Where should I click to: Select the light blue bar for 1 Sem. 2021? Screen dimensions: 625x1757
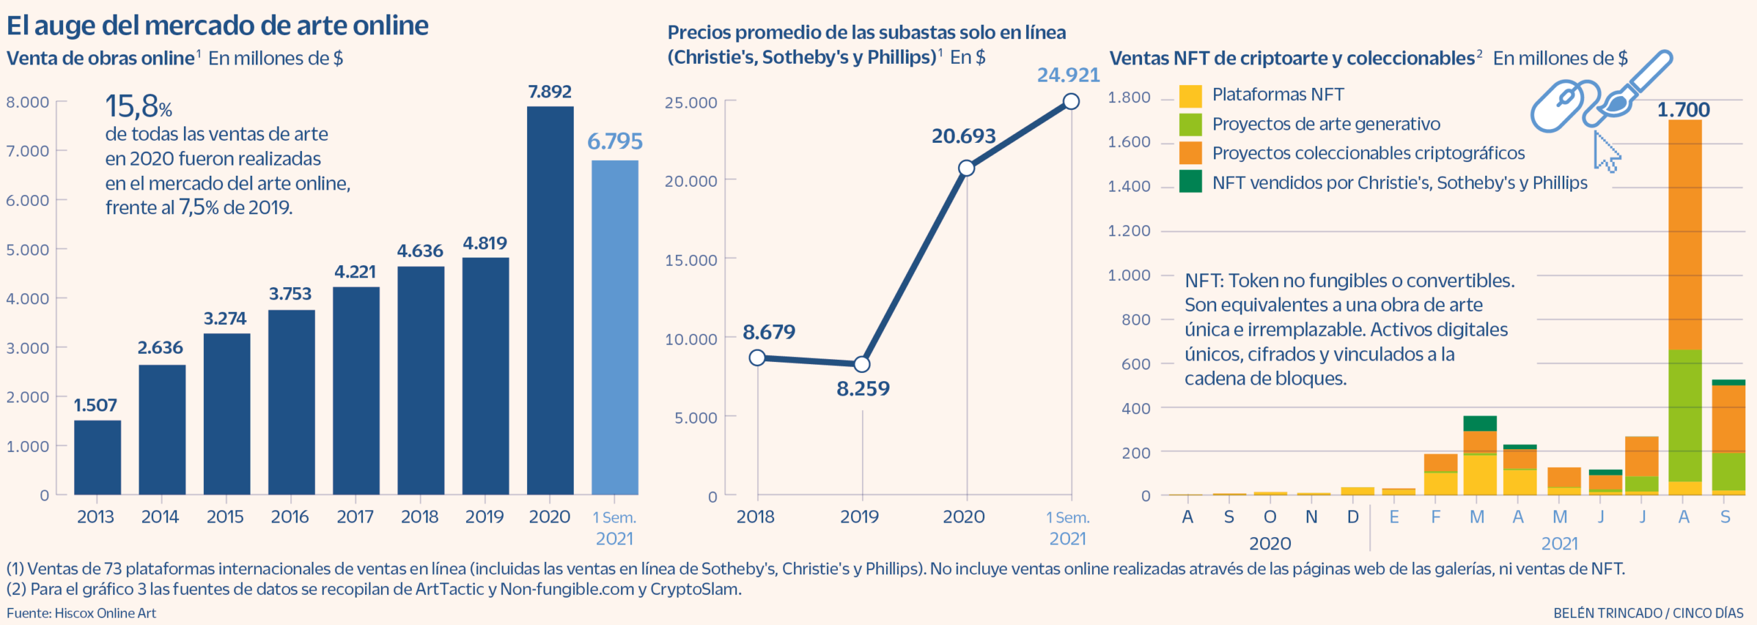coord(614,327)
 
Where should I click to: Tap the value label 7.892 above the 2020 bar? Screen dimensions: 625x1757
coord(550,91)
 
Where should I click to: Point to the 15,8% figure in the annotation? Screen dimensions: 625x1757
coord(138,106)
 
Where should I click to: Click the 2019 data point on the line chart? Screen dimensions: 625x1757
coord(862,364)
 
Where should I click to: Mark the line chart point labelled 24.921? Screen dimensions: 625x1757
coord(1071,102)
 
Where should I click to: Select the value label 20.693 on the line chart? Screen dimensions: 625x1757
coord(963,136)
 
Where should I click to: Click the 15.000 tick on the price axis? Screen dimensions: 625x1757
coord(690,260)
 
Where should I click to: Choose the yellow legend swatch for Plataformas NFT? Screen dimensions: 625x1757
coord(1190,95)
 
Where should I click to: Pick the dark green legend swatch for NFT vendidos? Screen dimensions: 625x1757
coord(1190,182)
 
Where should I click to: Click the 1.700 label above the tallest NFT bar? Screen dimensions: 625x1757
coord(1684,110)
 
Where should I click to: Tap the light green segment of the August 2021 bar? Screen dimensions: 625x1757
coord(1685,415)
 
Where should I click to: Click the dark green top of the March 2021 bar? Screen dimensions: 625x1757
coord(1480,423)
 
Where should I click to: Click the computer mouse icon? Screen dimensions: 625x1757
coord(1557,106)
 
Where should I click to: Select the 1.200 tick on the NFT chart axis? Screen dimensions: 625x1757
coord(1129,231)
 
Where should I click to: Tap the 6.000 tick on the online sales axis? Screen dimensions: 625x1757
coord(27,201)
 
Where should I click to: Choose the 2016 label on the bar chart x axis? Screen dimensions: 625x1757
coord(290,517)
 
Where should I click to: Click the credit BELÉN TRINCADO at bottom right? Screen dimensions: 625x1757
coord(1607,613)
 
